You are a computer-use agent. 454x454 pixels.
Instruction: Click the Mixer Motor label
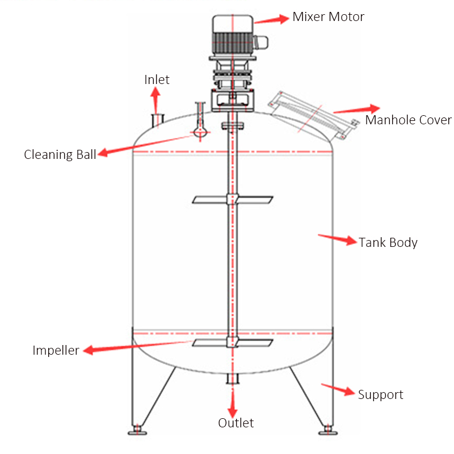pos(328,16)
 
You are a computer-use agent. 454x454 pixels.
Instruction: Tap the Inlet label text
pos(157,79)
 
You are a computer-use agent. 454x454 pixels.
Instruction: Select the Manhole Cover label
pos(408,120)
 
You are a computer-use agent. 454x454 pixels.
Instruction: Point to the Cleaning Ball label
pos(60,154)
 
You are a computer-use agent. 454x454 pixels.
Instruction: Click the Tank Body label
pos(388,242)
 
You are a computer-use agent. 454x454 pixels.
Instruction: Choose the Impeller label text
pos(56,350)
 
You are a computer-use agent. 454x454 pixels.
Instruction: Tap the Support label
pos(380,394)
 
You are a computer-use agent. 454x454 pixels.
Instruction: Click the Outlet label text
pos(236,423)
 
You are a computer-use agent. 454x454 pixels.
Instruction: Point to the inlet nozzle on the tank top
pos(157,120)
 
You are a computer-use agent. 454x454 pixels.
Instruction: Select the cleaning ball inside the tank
pos(199,132)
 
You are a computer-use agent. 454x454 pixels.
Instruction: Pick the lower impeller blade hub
pos(231,342)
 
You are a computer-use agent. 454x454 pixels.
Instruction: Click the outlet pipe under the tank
pos(232,379)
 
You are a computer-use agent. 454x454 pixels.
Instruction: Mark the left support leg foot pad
pos(137,432)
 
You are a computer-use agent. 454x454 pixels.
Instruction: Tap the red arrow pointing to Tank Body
pos(337,239)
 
